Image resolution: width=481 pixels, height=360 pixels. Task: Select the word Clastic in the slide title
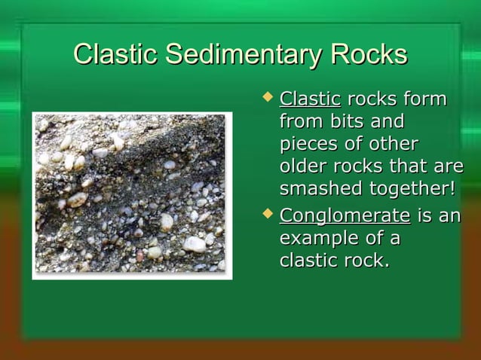pos(117,55)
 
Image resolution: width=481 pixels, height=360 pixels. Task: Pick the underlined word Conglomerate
pos(345,217)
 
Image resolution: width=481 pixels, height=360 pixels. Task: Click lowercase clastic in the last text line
pos(307,261)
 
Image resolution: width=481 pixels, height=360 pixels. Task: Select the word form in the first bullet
pos(424,99)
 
